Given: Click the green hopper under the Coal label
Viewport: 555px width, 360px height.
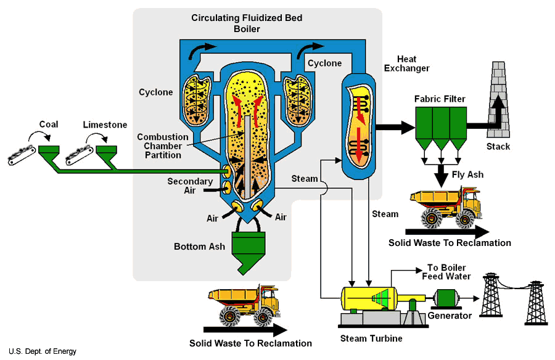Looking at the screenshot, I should (x=48, y=150).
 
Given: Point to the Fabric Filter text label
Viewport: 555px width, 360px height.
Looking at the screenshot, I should (x=440, y=99).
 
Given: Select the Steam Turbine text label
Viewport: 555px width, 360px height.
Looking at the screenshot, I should (x=371, y=338).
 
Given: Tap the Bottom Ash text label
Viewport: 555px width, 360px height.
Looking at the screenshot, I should (x=199, y=247).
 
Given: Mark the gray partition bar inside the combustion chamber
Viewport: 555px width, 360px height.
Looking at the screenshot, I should (x=245, y=154).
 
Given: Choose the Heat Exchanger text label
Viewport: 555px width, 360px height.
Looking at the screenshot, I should (x=406, y=63).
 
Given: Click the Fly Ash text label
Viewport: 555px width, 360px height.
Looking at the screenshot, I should (x=467, y=174).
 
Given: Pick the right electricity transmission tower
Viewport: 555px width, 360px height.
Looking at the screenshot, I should (x=534, y=302).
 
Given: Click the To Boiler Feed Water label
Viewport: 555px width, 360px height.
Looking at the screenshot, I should (x=451, y=272).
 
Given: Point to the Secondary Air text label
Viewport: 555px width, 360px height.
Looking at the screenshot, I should (x=190, y=186).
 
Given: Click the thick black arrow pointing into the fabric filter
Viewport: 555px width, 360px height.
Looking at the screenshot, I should (x=395, y=128).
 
